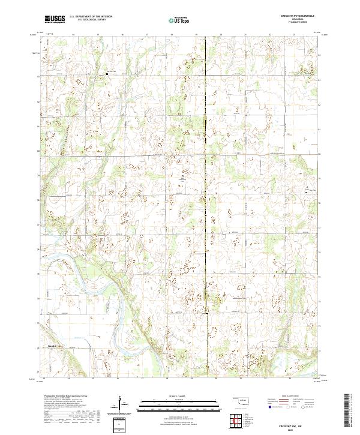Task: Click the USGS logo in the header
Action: pyautogui.click(x=55, y=20)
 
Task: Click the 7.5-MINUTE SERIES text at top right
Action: pyautogui.click(x=299, y=25)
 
